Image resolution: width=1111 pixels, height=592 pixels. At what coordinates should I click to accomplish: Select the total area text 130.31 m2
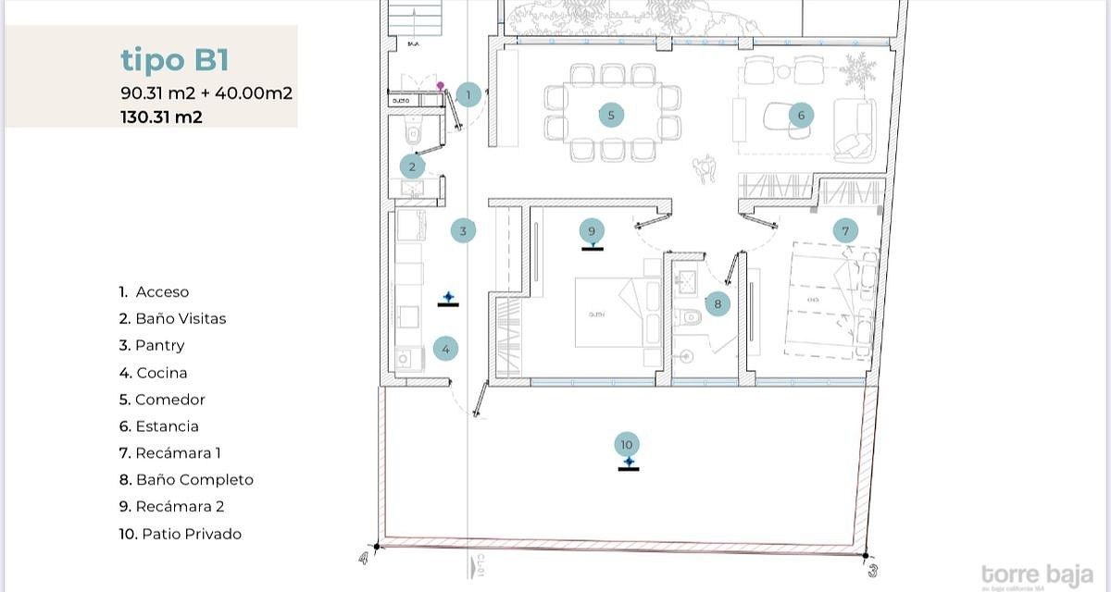(x=161, y=117)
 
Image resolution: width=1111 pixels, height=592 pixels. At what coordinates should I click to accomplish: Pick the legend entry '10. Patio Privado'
(x=180, y=534)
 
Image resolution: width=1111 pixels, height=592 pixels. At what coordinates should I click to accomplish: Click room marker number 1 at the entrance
(x=468, y=94)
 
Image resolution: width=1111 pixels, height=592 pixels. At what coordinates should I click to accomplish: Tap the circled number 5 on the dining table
(x=610, y=115)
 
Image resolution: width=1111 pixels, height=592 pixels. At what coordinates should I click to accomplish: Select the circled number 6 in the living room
(x=801, y=115)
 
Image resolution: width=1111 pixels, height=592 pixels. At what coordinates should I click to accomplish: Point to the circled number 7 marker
(x=844, y=230)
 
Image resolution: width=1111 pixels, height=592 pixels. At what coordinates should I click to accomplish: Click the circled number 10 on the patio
(x=628, y=444)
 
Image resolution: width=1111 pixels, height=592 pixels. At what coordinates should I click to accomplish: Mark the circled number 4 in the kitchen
(x=445, y=349)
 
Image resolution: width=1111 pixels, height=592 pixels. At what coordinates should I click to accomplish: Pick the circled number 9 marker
(x=592, y=230)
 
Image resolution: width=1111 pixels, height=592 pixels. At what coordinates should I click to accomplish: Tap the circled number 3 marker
(x=464, y=230)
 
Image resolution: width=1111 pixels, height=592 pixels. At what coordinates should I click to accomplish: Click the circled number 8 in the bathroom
(x=717, y=302)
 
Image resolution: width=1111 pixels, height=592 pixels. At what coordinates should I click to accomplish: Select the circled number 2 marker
(x=413, y=166)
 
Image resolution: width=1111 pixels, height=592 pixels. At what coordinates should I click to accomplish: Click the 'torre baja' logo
(x=1037, y=574)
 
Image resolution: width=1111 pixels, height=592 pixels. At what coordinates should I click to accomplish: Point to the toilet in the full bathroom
(x=690, y=318)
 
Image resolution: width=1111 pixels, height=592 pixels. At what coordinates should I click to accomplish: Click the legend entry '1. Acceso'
(x=154, y=291)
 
